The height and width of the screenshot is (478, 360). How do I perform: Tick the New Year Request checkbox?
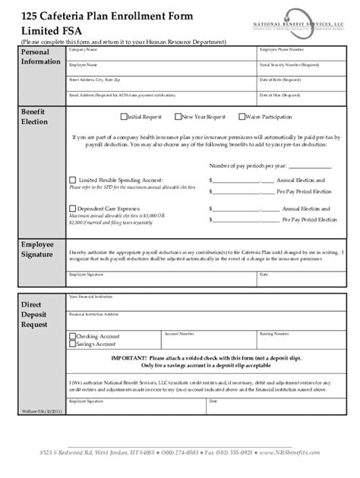click(x=178, y=118)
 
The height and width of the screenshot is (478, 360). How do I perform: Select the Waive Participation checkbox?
click(x=242, y=118)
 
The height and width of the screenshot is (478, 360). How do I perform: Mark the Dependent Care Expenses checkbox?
click(x=72, y=207)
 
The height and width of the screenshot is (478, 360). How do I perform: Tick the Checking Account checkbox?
click(x=72, y=335)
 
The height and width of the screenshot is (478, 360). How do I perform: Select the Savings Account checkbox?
click(x=72, y=344)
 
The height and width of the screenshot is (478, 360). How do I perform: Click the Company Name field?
click(x=159, y=55)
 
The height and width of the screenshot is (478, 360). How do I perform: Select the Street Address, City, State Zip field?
click(x=159, y=83)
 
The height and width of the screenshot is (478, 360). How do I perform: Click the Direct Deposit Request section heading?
click(x=33, y=313)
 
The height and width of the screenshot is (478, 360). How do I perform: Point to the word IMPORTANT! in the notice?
click(x=131, y=356)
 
